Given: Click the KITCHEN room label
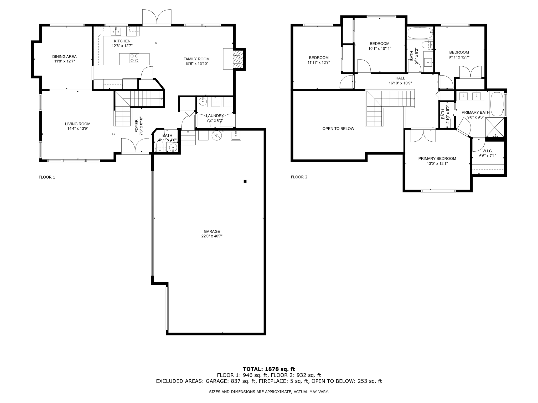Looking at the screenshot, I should (x=122, y=41).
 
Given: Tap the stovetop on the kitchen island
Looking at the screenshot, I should (x=134, y=58).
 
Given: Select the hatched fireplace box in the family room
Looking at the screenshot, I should (x=237, y=60).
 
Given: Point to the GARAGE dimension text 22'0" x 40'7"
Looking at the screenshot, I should (x=212, y=236).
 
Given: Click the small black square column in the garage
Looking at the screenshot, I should (x=245, y=181).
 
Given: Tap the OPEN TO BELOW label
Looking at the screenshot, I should (x=338, y=129).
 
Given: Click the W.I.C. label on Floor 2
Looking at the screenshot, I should (x=488, y=151).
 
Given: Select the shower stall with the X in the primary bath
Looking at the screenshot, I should (x=495, y=127).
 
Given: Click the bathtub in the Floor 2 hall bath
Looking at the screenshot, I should (x=420, y=33).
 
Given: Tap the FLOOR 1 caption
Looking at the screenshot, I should (x=47, y=177).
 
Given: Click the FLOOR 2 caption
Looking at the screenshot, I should (x=299, y=177).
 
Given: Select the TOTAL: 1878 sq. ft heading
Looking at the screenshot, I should (x=269, y=369).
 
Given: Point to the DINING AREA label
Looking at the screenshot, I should (x=64, y=56).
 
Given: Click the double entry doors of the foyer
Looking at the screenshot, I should (x=135, y=146).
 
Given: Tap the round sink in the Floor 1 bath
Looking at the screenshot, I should (x=173, y=148).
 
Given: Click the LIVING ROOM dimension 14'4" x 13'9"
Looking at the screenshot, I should (x=78, y=129).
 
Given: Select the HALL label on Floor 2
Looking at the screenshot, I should (x=400, y=78).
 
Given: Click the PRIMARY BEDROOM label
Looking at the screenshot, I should (x=437, y=158).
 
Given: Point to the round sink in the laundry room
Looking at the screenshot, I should (x=202, y=101).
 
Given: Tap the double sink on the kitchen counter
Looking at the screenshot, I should (x=116, y=32).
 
